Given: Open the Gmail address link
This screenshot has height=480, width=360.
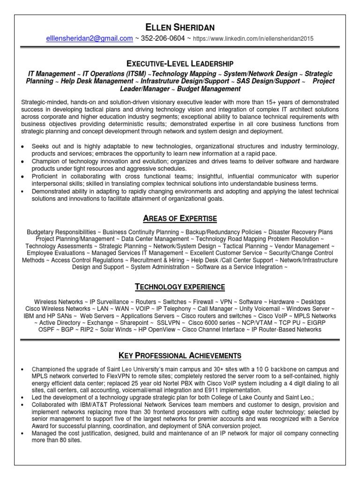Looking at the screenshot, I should click(x=90, y=38).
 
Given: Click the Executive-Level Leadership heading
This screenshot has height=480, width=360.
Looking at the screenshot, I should click(x=180, y=63).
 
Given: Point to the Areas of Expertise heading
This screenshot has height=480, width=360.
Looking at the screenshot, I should click(x=180, y=218).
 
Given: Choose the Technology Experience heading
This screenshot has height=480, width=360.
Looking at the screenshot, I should click(x=180, y=287).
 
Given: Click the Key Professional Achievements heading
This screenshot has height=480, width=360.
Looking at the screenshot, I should click(x=180, y=355).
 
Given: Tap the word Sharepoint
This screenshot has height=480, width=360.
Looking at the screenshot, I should click(x=134, y=323).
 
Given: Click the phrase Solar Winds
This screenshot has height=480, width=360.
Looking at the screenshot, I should click(x=116, y=330).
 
